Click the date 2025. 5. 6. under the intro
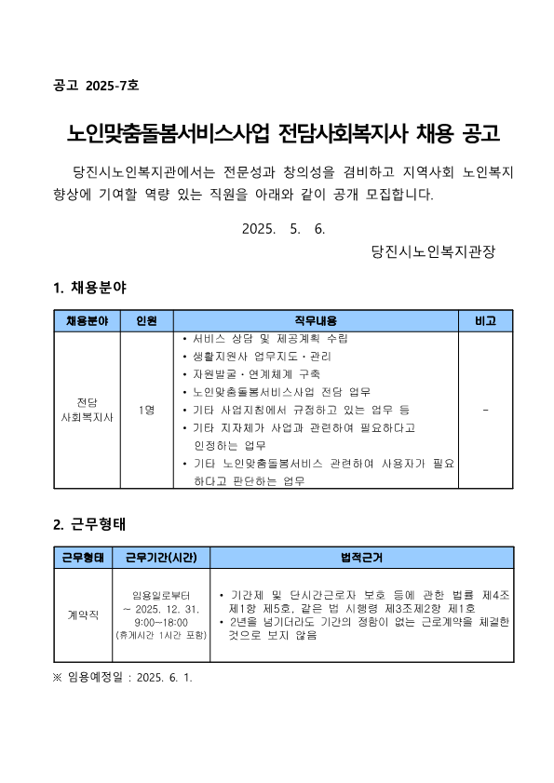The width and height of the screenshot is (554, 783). point(283,228)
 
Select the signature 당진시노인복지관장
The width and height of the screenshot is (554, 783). point(432,251)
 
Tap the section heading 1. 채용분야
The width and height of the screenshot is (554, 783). point(90,288)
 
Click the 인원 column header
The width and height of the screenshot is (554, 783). point(146,321)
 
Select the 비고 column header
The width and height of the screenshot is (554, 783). point(485,321)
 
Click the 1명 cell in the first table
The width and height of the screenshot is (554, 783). point(146,410)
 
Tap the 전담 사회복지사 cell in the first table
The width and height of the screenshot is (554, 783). point(87,410)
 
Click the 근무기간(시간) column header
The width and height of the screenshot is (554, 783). point(161,557)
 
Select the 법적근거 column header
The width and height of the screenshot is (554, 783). point(361,557)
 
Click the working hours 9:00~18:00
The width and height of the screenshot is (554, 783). point(161,621)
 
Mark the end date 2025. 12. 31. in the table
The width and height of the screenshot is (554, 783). point(161,608)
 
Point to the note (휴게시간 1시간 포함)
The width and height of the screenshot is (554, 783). point(161,635)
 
